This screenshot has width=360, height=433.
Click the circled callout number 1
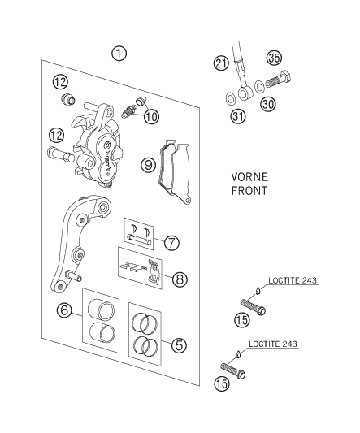pos(119,54)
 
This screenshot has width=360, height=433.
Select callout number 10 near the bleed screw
pos(152,117)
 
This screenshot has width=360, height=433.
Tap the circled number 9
pos(148,165)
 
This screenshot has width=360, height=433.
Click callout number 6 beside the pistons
pos(63,310)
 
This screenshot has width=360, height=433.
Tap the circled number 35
pos(274,58)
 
